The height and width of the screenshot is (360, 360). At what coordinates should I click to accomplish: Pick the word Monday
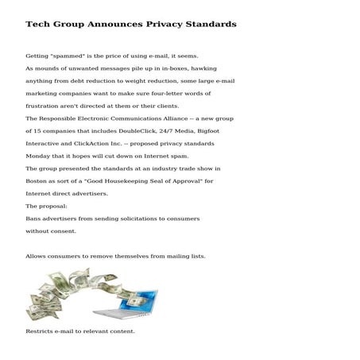tap(39, 156)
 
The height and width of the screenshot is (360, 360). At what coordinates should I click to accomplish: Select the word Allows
tap(37, 256)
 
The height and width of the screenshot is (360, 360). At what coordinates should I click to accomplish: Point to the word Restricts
tap(41, 331)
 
